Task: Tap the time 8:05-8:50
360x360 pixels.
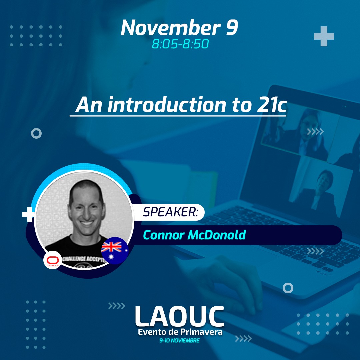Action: (x=180, y=44)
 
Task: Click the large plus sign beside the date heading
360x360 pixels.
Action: (x=324, y=36)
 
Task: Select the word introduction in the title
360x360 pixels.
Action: (x=167, y=105)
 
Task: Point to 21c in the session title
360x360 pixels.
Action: (x=272, y=105)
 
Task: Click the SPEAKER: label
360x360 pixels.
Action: (x=171, y=212)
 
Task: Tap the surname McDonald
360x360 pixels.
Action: (x=217, y=235)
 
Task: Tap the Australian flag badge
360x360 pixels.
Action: (x=114, y=250)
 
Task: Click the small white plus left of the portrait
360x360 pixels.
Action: (x=28, y=214)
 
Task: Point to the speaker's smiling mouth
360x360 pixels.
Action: (x=87, y=223)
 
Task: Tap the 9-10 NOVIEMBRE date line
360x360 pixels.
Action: (x=180, y=340)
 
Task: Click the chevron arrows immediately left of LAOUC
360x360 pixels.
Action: (x=117, y=306)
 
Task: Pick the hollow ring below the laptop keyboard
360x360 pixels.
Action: (x=288, y=288)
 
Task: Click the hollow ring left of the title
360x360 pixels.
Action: (x=36, y=133)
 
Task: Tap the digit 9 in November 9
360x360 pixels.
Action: (x=232, y=28)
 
